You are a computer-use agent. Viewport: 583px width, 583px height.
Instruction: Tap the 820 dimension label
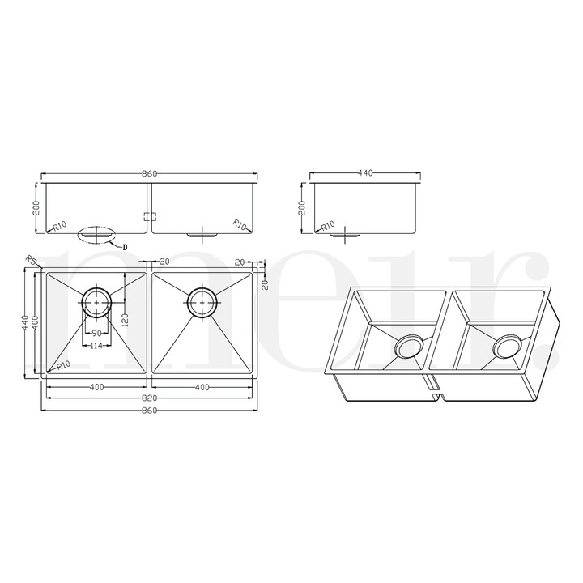click(149, 400)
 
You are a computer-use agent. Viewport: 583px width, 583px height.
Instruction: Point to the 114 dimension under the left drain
click(96, 347)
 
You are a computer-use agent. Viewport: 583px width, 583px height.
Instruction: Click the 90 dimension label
click(96, 334)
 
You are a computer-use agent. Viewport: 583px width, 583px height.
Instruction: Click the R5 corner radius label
click(31, 260)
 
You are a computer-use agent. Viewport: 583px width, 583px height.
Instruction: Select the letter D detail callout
click(125, 245)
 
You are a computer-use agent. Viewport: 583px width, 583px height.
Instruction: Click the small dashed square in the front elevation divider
click(149, 216)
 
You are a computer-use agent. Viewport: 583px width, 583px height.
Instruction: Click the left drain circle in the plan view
click(96, 302)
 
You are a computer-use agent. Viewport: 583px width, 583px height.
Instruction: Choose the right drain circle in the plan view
click(202, 302)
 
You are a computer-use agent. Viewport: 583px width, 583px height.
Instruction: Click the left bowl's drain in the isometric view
click(406, 347)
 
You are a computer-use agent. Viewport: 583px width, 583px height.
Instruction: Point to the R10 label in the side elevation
click(328, 226)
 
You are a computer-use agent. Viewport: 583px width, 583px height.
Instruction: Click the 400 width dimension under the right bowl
click(202, 387)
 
